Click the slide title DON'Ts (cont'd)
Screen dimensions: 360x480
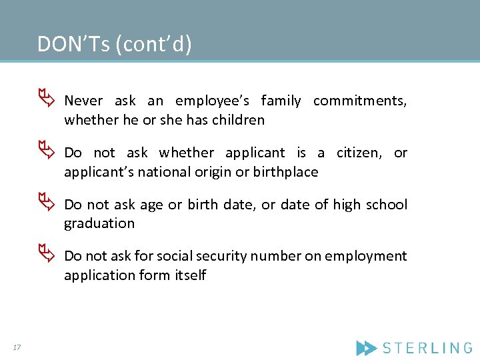point(114,44)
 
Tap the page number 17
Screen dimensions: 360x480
point(17,347)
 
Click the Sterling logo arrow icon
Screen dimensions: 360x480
point(366,347)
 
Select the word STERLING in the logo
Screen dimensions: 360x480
point(427,347)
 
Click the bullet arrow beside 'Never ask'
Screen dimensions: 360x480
point(45,100)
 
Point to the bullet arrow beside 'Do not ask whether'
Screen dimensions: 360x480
point(45,152)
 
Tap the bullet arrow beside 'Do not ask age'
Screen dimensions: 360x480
point(45,204)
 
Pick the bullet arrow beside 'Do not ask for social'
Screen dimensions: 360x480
point(45,255)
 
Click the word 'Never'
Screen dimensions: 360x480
point(83,101)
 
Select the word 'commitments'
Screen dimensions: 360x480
point(359,101)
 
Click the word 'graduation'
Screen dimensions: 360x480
point(99,224)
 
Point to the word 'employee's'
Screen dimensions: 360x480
point(212,101)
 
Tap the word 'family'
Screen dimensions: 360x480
point(281,101)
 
